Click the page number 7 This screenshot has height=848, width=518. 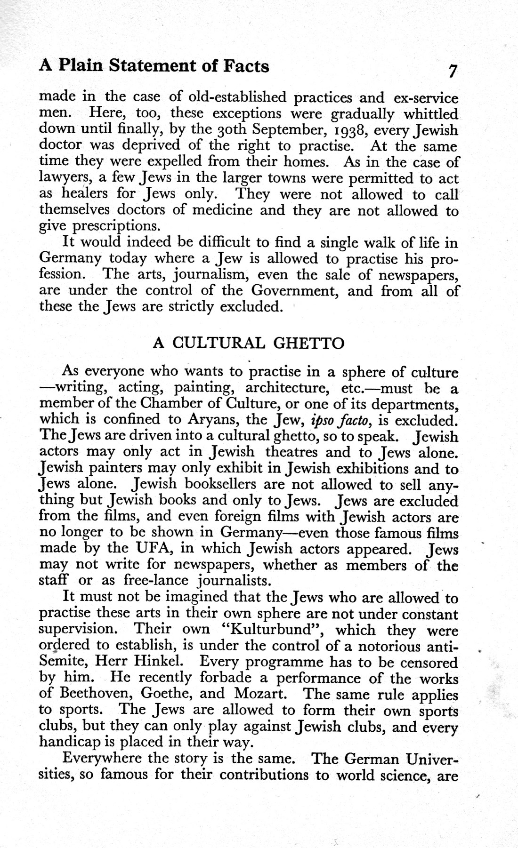[x=453, y=71]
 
